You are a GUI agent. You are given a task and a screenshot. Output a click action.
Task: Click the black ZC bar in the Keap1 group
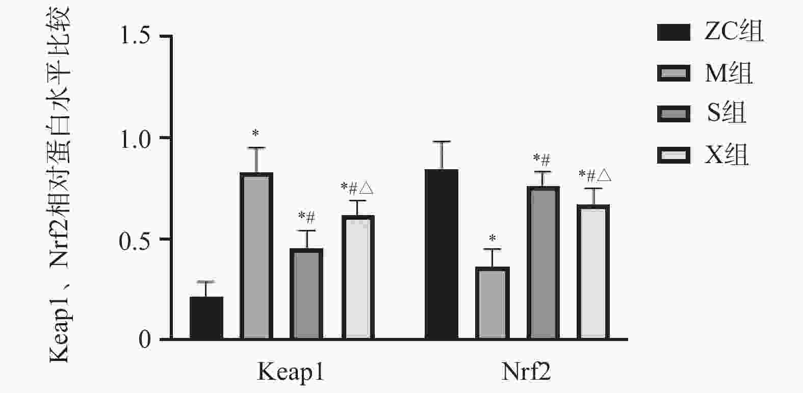(x=206, y=318)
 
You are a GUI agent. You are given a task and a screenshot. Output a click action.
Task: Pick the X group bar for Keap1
(x=357, y=277)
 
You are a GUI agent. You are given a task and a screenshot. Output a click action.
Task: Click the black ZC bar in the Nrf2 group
(x=442, y=254)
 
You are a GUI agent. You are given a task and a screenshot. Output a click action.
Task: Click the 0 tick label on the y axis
(x=145, y=339)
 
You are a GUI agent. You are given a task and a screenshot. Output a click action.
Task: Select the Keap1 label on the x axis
(x=291, y=372)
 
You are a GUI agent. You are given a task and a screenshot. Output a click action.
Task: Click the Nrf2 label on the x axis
(x=526, y=372)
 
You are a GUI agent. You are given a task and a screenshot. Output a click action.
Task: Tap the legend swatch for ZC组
(x=674, y=32)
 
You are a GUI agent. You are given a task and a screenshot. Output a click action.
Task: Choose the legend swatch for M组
(x=674, y=73)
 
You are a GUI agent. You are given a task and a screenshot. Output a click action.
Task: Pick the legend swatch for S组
(x=674, y=114)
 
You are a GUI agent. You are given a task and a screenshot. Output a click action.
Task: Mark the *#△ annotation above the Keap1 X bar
(x=357, y=189)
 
